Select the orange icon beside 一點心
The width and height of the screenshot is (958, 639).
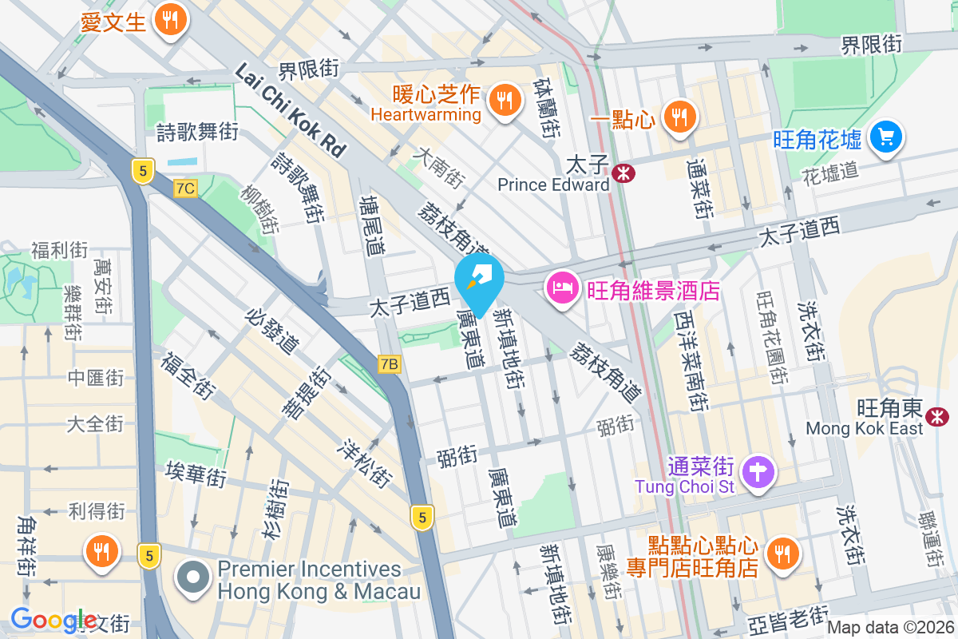click(x=679, y=118)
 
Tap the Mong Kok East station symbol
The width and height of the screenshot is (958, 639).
click(x=936, y=415)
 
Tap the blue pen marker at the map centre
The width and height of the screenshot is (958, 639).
click(x=479, y=280)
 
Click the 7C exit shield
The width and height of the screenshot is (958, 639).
click(x=185, y=189)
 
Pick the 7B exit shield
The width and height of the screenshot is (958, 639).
click(x=389, y=364)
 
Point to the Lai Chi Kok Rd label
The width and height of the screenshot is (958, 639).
click(x=291, y=110)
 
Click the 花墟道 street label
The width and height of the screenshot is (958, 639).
click(x=829, y=170)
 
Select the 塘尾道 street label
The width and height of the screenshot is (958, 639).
click(x=371, y=224)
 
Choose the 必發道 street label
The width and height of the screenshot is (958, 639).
click(x=274, y=330)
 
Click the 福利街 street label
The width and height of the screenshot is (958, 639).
click(x=59, y=251)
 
